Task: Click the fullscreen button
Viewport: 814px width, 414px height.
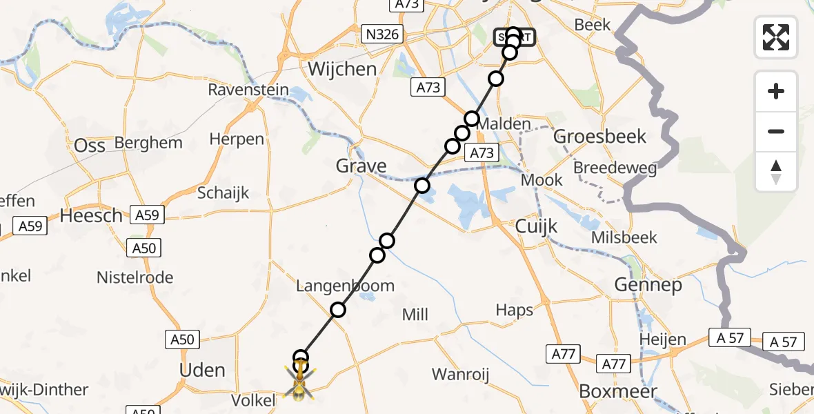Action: [x=776, y=37]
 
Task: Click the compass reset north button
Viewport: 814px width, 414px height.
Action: [x=776, y=172]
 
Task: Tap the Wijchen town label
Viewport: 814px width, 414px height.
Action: [x=342, y=69]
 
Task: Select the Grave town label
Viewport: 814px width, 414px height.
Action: [x=361, y=166]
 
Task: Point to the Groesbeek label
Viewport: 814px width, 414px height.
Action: [x=600, y=136]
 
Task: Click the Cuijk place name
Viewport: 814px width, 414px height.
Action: [x=536, y=227]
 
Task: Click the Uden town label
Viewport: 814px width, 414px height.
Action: [x=202, y=370]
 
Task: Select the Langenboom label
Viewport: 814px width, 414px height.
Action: [x=346, y=286]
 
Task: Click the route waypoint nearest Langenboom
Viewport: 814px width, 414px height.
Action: [x=337, y=310]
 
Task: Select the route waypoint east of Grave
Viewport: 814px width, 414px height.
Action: [x=421, y=186]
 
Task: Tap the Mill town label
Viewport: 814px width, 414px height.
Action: [x=415, y=315]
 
